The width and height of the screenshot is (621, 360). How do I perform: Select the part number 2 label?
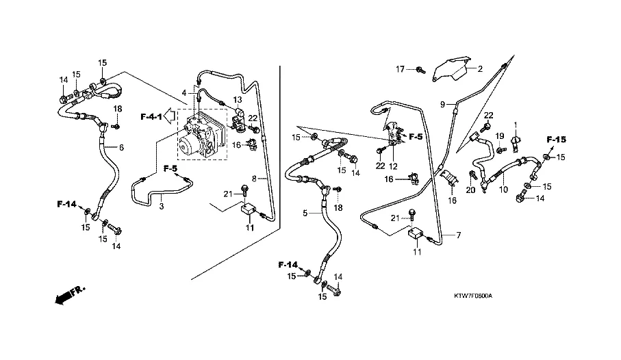coord(481,68)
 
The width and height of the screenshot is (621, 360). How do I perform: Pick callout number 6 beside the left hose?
coord(122,146)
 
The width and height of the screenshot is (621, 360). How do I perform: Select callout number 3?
coord(162,205)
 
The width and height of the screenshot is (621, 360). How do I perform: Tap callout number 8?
coord(254,179)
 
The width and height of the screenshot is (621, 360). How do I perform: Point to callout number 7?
coord(458,235)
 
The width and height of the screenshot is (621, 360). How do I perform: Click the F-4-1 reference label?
coord(151,117)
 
